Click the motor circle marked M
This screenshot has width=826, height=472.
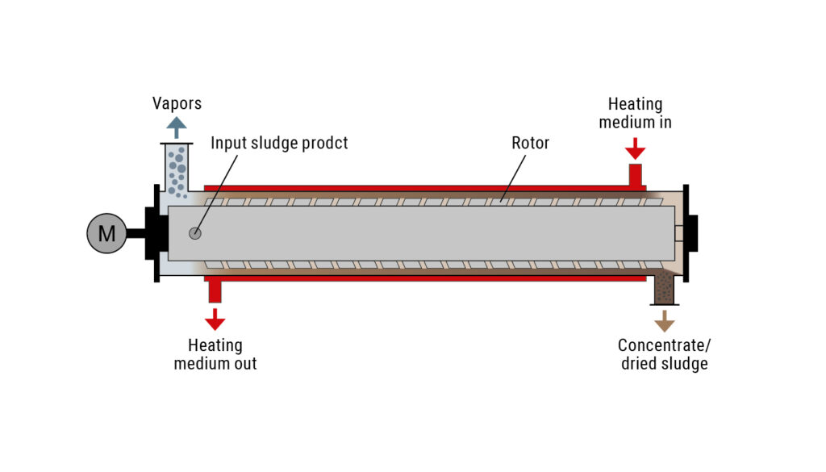(107, 233)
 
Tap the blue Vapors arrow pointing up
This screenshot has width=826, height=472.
(177, 127)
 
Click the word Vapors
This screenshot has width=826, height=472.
(177, 103)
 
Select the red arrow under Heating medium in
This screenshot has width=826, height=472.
(636, 148)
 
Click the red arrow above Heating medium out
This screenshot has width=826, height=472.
(215, 320)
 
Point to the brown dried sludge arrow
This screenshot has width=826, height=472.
(665, 321)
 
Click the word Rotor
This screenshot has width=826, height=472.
(531, 143)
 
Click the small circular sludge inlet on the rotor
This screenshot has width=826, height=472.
(195, 233)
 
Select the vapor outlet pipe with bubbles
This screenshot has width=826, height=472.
(177, 168)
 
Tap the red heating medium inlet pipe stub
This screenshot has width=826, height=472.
(636, 175)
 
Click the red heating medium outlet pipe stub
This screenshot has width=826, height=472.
(215, 291)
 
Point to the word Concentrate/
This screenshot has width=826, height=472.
(665, 345)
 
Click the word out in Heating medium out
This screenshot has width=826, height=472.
(245, 364)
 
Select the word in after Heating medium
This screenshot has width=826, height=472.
(665, 122)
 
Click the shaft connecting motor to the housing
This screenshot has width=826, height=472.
(136, 233)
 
